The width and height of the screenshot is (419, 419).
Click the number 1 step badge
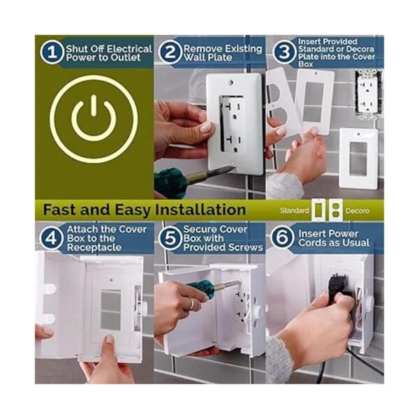tap(52, 52)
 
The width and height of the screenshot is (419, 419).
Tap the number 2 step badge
tap(170, 52)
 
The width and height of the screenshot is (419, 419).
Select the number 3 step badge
tap(284, 52)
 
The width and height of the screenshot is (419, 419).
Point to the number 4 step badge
tap(52, 238)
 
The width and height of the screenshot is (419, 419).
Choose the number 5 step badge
tap(170, 238)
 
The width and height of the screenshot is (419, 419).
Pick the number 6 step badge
tap(282, 237)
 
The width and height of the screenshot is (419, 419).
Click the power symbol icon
tap(94, 119)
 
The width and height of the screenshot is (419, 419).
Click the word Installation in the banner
tap(200, 209)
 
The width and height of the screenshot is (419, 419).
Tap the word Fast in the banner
tap(59, 209)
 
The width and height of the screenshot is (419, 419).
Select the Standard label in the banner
tap(295, 211)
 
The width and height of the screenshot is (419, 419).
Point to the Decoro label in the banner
tap(358, 211)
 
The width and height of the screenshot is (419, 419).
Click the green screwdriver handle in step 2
tap(171, 180)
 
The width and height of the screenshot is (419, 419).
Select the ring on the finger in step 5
tap(191, 304)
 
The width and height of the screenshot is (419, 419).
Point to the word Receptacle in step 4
tap(94, 247)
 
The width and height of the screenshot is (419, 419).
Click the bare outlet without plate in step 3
tap(368, 94)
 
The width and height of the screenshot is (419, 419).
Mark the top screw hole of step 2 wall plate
tap(231, 83)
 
